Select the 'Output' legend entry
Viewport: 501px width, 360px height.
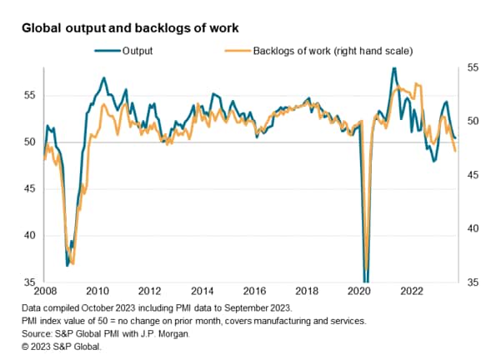(137, 52)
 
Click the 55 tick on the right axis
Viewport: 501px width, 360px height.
(473, 67)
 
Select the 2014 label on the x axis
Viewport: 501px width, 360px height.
(203, 292)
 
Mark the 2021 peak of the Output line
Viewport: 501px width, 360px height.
(393, 67)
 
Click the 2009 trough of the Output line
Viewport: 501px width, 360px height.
(67, 266)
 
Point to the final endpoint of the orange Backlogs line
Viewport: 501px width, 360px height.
(455, 151)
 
